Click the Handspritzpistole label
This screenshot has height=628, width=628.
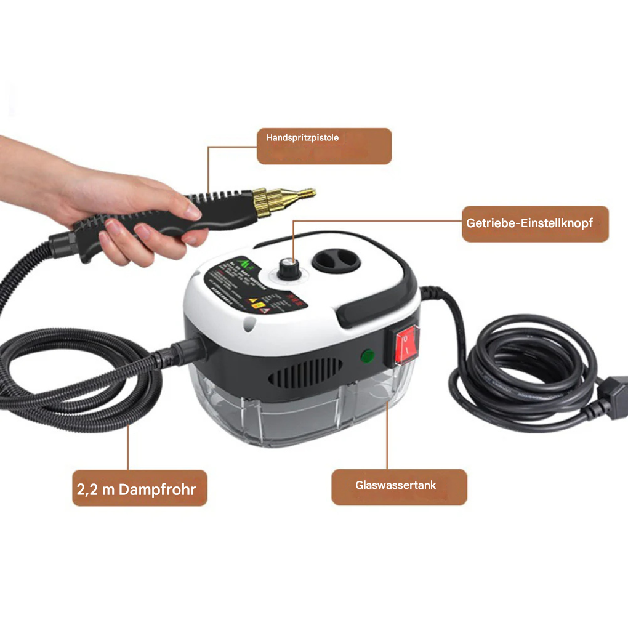tap(324, 146)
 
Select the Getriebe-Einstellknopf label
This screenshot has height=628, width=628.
tap(534, 223)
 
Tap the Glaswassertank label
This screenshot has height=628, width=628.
tap(398, 486)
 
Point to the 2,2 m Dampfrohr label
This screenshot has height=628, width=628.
tap(139, 489)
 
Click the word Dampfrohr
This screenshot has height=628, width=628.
tap(158, 489)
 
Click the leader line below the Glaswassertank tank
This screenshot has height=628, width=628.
tap(387, 431)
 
